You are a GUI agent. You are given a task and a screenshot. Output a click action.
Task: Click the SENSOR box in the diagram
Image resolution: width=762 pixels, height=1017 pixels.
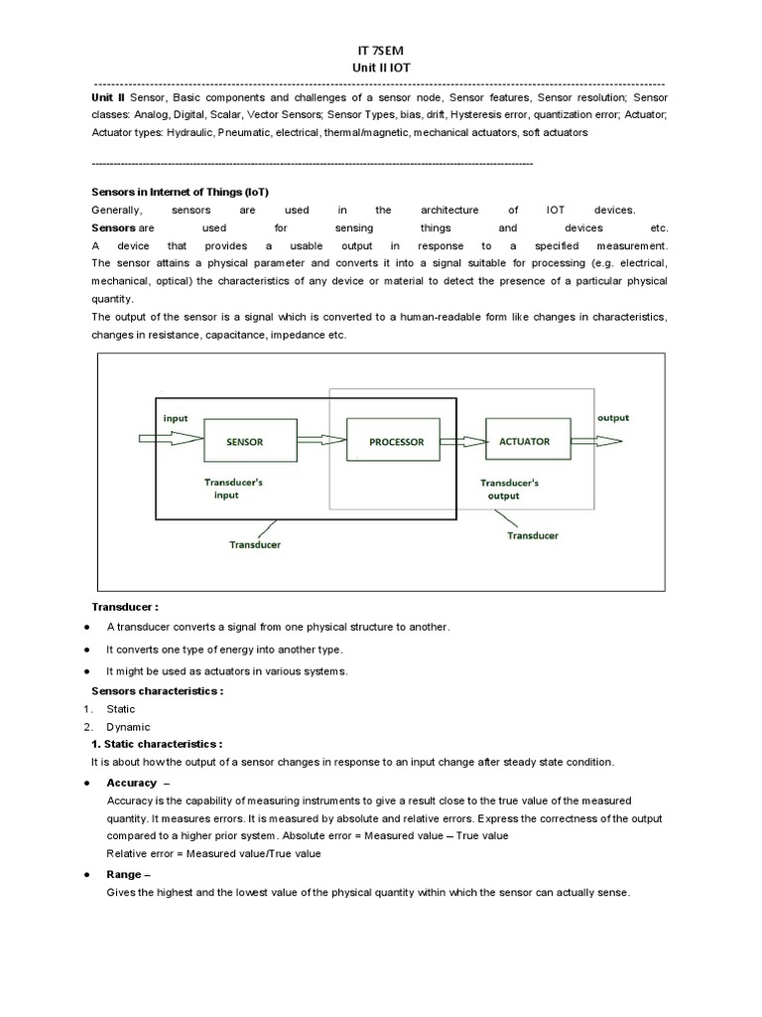click(244, 441)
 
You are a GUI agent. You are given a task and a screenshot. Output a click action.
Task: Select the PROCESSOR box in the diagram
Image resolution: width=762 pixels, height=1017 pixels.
click(396, 442)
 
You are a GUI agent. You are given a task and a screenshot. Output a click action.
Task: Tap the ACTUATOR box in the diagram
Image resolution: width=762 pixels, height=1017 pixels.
click(524, 442)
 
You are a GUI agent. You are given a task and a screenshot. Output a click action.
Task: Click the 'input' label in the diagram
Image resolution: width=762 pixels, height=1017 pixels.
click(176, 418)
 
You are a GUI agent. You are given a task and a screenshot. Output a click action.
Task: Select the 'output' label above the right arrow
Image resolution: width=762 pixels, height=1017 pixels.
click(612, 418)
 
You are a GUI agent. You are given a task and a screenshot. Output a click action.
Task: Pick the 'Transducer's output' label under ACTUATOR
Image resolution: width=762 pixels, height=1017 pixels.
click(510, 489)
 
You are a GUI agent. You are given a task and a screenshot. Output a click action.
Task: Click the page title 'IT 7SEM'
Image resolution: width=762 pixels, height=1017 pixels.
click(380, 51)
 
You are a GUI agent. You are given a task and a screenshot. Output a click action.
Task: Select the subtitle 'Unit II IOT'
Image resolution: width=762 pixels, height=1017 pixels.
click(380, 68)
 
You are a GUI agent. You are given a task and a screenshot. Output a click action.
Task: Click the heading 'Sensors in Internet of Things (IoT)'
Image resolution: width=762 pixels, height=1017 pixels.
click(180, 192)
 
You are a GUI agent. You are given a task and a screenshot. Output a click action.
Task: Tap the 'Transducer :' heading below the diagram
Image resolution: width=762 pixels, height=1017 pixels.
click(125, 606)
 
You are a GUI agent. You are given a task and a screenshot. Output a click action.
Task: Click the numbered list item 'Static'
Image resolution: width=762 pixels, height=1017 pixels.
click(121, 709)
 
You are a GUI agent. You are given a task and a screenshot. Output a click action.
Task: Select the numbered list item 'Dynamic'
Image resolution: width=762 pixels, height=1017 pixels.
click(128, 727)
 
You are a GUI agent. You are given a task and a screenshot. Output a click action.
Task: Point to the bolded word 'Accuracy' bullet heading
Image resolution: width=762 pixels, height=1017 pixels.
click(132, 783)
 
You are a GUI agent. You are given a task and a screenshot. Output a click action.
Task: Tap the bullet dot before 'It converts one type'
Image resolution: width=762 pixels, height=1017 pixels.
click(88, 650)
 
